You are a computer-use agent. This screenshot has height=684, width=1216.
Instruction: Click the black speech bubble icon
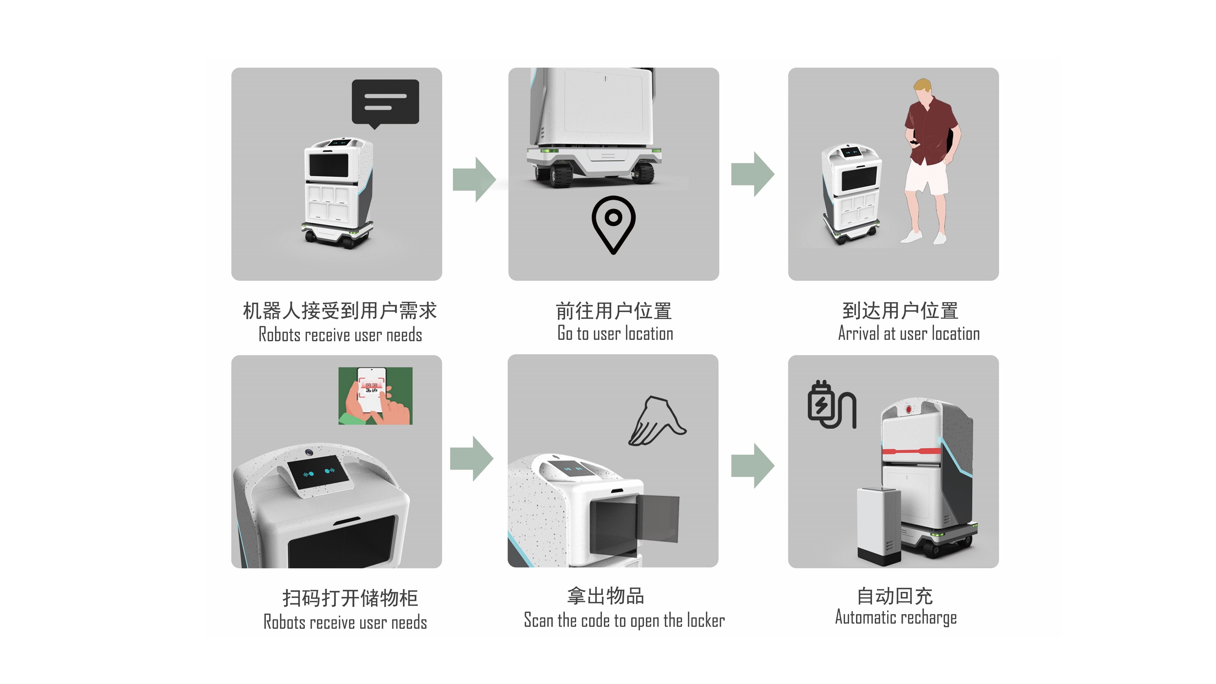point(385,103)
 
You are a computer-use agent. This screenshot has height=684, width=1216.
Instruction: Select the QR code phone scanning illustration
point(375,396)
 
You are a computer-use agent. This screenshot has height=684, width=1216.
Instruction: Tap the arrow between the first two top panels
point(474,179)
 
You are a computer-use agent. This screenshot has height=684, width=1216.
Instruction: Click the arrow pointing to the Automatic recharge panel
point(752,465)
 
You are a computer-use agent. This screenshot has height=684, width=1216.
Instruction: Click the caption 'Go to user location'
point(615,333)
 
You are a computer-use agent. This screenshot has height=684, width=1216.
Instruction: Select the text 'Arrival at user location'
point(909,333)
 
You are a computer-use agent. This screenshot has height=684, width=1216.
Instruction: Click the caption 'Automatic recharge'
point(896,617)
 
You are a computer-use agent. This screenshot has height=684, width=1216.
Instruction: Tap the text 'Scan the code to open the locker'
point(624,620)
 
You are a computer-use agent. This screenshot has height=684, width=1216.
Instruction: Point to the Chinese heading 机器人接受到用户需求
point(340,310)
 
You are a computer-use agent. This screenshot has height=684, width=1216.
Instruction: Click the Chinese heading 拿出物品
point(605,596)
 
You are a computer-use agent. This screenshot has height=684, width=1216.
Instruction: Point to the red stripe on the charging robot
point(911,451)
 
